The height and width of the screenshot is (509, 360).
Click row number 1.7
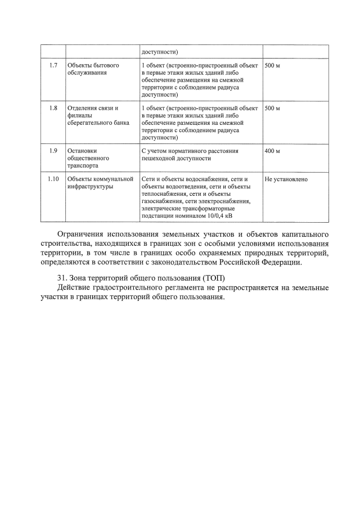53,66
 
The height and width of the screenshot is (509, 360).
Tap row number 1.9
53,151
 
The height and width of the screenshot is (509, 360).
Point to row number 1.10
53,179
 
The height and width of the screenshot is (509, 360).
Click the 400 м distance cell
272,151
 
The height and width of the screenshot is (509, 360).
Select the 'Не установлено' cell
286,179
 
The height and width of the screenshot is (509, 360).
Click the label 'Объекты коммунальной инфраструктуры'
100,183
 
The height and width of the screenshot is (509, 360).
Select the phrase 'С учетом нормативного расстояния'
191,151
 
